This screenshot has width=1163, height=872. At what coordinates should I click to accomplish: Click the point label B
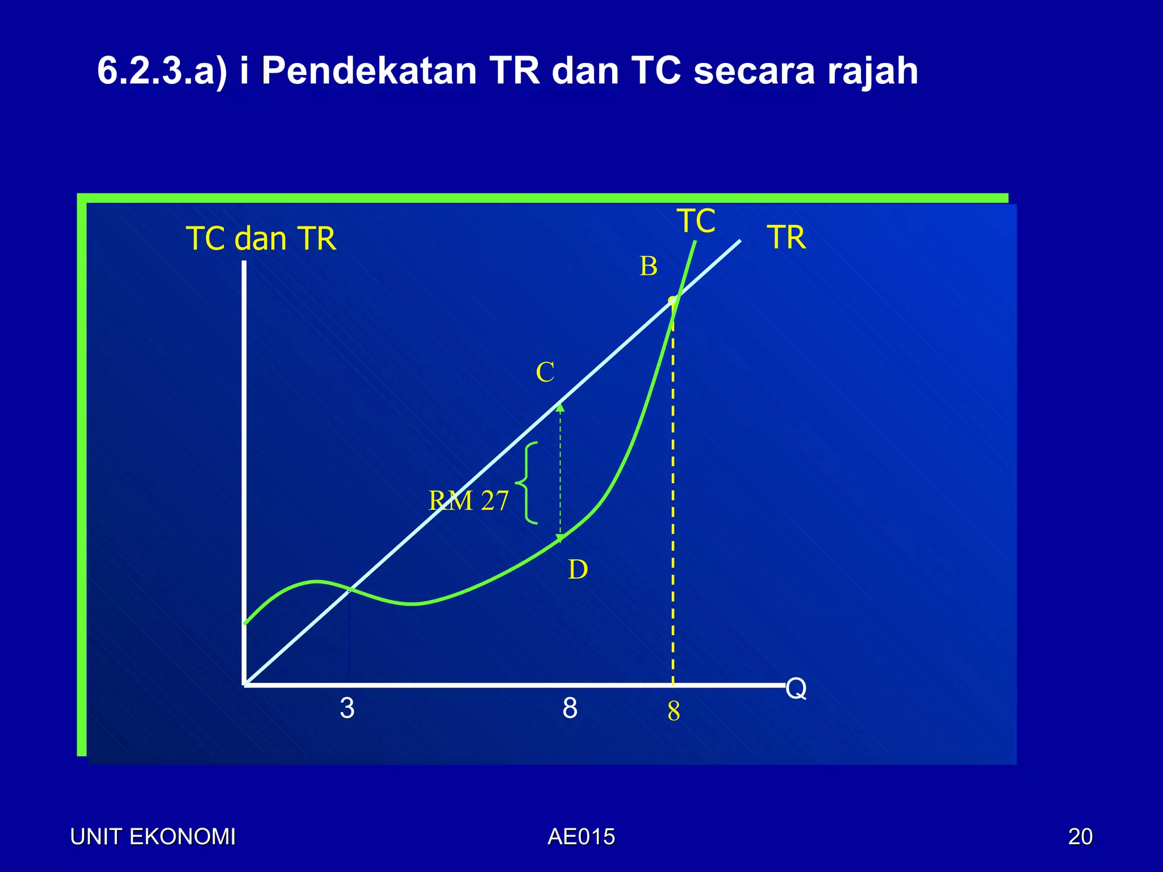[649, 266]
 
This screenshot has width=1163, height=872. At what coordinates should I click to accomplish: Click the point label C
[545, 373]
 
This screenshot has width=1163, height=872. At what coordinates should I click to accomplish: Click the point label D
[578, 569]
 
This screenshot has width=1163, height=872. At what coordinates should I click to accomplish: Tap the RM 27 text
[468, 501]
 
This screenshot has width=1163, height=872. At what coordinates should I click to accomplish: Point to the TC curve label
[696, 221]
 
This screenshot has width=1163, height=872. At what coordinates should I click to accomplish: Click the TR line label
[787, 237]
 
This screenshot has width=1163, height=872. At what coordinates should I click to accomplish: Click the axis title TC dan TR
[261, 238]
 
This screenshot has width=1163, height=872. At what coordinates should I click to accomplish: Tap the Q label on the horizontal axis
[796, 689]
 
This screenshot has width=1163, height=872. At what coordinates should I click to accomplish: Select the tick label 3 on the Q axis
[347, 708]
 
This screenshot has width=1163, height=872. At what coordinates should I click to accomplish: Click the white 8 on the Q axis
[570, 708]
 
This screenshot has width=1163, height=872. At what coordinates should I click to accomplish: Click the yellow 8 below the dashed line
[674, 711]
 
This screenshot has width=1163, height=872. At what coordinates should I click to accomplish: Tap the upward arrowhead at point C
[560, 407]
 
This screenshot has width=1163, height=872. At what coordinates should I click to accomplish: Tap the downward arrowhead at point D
[560, 539]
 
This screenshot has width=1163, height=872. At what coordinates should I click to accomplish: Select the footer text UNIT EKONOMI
[153, 837]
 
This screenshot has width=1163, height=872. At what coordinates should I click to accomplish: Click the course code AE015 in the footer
[581, 837]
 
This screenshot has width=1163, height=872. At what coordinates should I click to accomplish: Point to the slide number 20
[1080, 837]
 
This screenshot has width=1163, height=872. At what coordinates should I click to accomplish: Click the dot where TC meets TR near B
[672, 300]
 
